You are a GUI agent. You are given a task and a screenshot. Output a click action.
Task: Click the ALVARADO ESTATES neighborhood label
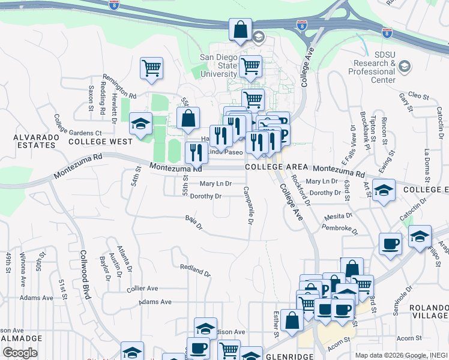pos(36,141)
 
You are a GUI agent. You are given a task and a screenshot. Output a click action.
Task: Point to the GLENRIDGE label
pos(290,356)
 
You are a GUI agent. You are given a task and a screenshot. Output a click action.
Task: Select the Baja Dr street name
pos(194,223)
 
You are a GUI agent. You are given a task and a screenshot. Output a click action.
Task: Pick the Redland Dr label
pos(195,270)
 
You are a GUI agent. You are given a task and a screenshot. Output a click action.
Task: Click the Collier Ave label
pos(142,289)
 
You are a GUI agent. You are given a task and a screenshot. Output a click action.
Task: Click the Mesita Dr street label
pos(338,216)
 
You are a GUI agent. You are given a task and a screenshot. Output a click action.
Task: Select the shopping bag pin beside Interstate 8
pos(240,29)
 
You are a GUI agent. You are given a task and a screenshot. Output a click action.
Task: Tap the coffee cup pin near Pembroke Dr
pos(390,244)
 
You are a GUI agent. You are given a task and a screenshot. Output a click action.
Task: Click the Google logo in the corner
pos(20,352)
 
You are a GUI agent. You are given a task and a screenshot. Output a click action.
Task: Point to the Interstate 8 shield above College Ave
pos(301,25)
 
